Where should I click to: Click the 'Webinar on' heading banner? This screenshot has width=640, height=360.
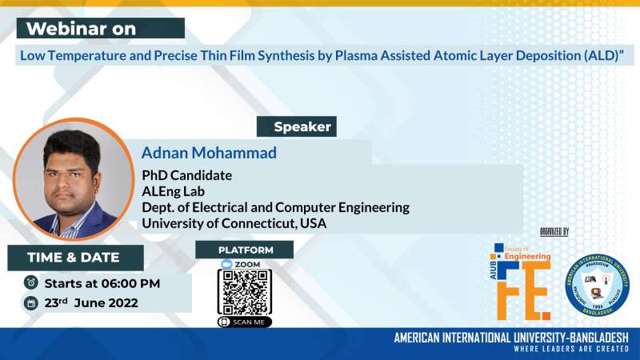pyautogui.click(x=100, y=29)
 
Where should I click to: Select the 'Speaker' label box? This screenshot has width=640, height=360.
pyautogui.click(x=302, y=127)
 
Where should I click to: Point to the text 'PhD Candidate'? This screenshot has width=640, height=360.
pyautogui.click(x=186, y=174)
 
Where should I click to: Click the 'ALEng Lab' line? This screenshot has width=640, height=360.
pyautogui.click(x=174, y=191)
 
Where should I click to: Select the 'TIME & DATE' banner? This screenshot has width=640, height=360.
pyautogui.click(x=74, y=258)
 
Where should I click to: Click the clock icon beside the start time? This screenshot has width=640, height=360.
pyautogui.click(x=30, y=282)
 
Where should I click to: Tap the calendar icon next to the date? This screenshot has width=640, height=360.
pyautogui.click(x=30, y=303)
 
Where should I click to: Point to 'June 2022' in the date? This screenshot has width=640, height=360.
pyautogui.click(x=106, y=303)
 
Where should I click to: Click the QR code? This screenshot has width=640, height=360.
pyautogui.click(x=245, y=292)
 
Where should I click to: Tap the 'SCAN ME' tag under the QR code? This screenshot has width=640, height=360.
pyautogui.click(x=245, y=322)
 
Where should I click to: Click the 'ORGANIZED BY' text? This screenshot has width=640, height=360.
pyautogui.click(x=554, y=232)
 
